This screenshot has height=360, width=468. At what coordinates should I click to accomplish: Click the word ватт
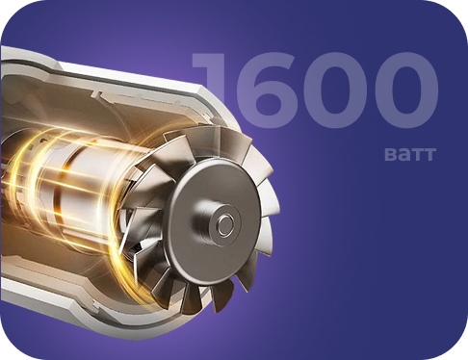tap(410, 154)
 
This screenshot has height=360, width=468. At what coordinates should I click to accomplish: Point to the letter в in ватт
tap(390, 155)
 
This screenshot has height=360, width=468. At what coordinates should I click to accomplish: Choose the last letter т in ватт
tap(429, 155)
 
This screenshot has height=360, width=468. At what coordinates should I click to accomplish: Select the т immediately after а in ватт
tap(416, 155)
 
